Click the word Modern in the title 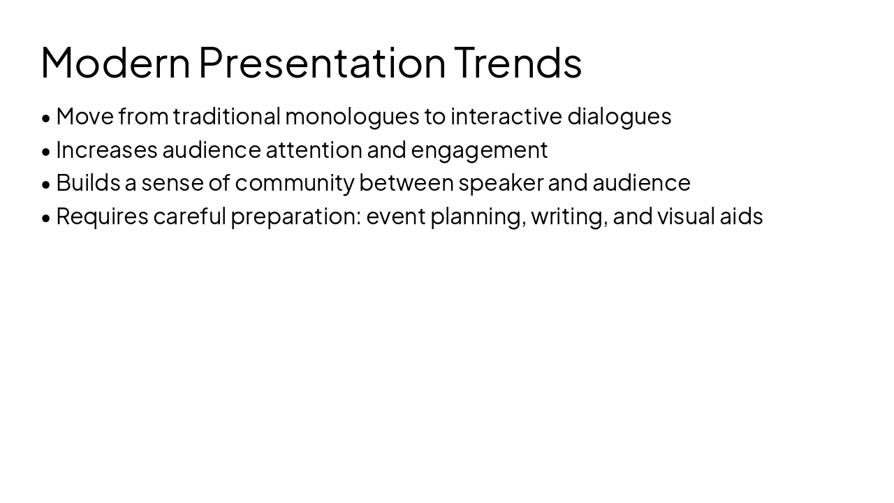[x=115, y=63]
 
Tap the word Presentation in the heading [x=322, y=63]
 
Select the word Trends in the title [x=518, y=63]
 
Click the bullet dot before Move [x=46, y=118]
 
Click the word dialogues [x=619, y=117]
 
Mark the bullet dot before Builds [x=46, y=184]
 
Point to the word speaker [x=501, y=183]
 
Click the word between [x=406, y=183]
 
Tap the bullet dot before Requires [x=46, y=218]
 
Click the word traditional [x=227, y=117]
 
